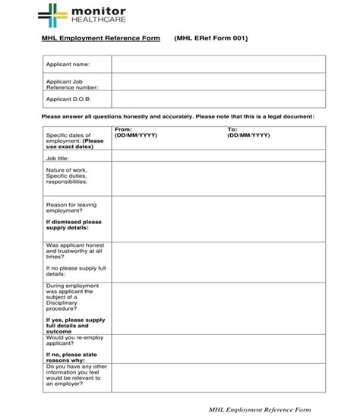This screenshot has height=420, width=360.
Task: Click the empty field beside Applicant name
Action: click(218, 65)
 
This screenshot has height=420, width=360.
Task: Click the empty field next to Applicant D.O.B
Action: click(218, 99)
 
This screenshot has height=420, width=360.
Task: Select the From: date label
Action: click(122, 129)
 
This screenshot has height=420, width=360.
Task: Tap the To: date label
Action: click(232, 129)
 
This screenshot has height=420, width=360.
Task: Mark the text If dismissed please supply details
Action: click(73, 224)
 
